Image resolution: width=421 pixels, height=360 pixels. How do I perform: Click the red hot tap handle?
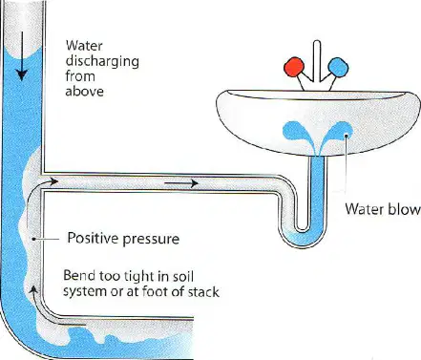tap(294, 67)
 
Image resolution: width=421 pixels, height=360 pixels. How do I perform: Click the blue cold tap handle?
tap(338, 67)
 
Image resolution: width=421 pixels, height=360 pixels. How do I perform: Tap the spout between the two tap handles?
tap(316, 60)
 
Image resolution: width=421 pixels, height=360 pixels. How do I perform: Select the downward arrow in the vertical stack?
tap(22, 56)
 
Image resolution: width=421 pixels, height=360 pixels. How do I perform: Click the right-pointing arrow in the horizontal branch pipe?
tap(181, 183)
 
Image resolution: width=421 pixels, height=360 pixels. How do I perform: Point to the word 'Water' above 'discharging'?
tap(84, 46)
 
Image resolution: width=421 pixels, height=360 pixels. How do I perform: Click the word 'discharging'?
tap(102, 61)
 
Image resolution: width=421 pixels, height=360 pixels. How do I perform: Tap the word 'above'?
tap(85, 92)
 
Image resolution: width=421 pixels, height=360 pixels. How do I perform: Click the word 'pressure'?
tap(151, 240)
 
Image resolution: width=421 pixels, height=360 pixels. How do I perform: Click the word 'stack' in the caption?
tap(203, 292)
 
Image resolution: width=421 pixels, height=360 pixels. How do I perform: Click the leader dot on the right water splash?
tap(346, 137)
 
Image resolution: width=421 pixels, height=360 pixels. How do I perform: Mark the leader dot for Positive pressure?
tap(33, 239)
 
